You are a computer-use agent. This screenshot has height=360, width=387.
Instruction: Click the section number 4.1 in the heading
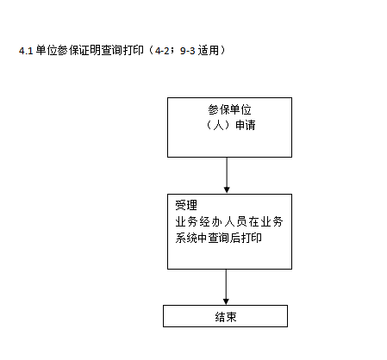pos(26,51)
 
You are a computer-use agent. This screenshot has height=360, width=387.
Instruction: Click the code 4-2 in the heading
pos(162,51)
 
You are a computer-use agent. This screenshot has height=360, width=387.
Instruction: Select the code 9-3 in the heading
pos(188,51)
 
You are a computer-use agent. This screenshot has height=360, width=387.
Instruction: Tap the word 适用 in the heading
pos(209,51)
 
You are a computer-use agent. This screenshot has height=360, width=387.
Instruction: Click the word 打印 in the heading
pos(134,51)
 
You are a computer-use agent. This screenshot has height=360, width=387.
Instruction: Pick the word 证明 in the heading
pos(91,51)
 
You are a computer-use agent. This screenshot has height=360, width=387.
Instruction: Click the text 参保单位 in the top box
pos(229,109)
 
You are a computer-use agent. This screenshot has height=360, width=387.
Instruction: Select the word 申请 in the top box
pos(246,125)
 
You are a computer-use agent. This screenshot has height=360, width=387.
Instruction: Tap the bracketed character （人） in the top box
pos(219,125)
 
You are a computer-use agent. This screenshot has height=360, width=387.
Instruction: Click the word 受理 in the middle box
pos(186,205)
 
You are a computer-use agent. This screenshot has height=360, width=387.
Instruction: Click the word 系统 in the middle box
pos(186,238)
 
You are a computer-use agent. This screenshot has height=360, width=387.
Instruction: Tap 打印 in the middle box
pos(252,238)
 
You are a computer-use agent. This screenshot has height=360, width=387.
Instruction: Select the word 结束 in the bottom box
pos(226,317)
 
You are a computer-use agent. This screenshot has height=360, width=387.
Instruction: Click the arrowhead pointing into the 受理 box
pos(227,189)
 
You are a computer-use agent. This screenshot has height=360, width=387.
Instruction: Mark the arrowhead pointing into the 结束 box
pos(226,301)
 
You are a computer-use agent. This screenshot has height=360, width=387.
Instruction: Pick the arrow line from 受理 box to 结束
pos(226,287)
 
